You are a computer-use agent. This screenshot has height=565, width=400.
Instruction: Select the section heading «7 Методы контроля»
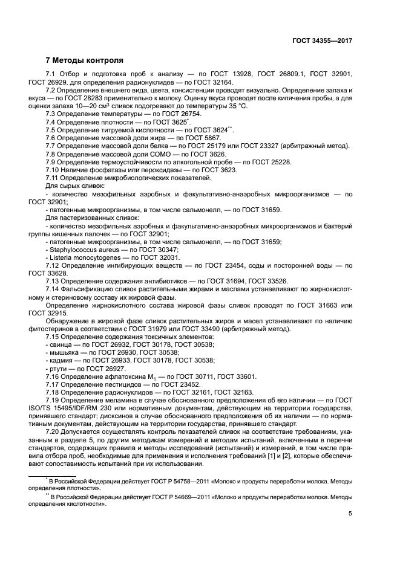click(85, 60)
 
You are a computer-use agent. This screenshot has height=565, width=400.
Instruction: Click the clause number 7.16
click(53, 376)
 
